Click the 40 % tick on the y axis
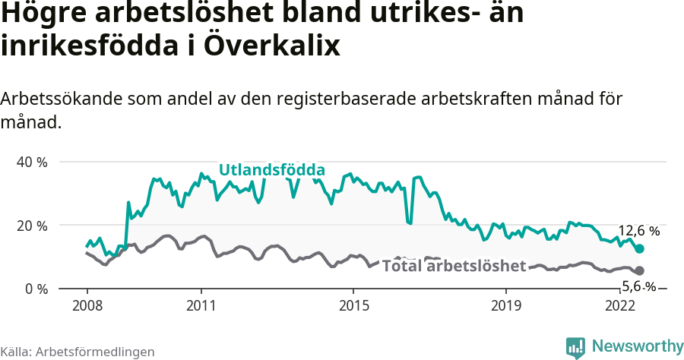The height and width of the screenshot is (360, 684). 32,163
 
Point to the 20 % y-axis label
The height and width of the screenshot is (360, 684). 32,226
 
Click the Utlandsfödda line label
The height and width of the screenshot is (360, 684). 272,170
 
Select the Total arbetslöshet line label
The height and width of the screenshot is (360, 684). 454,266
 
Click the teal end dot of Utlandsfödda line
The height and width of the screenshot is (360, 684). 640,249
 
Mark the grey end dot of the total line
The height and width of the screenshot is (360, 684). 640,271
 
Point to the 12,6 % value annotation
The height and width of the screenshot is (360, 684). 638,231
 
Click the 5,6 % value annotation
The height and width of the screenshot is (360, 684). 638,286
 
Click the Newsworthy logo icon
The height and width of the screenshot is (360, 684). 575,346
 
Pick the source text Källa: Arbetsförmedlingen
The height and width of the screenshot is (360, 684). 78,352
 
